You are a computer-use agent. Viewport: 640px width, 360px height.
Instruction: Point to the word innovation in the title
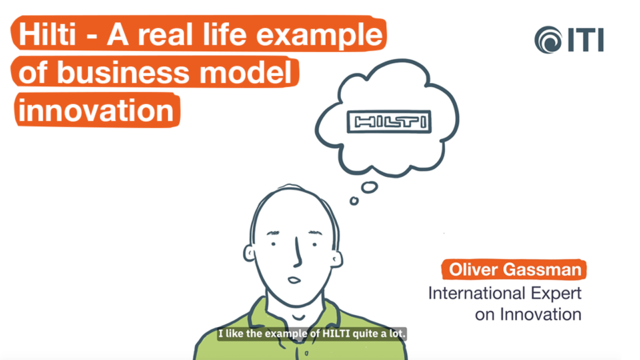(x=94, y=110)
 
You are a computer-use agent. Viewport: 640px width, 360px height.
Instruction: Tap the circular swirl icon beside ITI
(x=549, y=39)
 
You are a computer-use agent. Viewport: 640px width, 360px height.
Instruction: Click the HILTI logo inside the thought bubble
(x=387, y=122)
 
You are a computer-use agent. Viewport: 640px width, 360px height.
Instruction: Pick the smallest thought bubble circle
(x=354, y=201)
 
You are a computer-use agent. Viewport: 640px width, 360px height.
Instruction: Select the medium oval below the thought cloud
(x=369, y=186)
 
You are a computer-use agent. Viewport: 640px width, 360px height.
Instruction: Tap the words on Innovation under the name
(x=528, y=314)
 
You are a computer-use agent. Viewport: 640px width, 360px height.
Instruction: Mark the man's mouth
(x=294, y=279)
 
